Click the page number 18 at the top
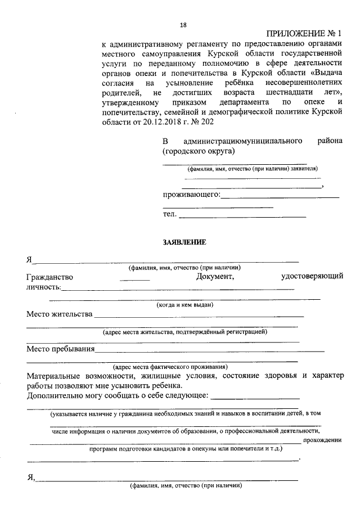(x=183, y=25)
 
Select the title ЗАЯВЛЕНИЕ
(x=184, y=242)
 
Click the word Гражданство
(x=49, y=277)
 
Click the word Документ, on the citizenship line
(x=214, y=277)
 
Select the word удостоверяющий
(x=312, y=277)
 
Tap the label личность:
(x=44, y=287)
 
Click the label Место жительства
(x=59, y=314)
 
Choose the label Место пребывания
(x=60, y=349)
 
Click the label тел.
(x=169, y=214)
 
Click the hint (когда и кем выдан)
(x=184, y=305)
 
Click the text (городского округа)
(x=199, y=151)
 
